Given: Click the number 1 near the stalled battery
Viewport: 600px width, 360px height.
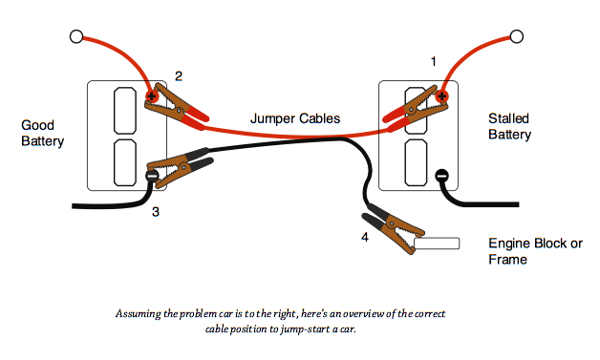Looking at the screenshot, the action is point(433,61).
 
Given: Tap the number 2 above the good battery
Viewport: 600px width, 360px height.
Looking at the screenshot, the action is point(179,76).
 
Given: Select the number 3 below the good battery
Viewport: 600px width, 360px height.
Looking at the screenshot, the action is point(156,212).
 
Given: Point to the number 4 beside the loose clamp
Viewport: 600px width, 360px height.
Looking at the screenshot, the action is point(365,237).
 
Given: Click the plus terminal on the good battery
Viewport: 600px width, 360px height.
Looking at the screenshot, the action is point(152,95).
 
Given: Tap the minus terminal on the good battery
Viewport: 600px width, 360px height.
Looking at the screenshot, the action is point(152,176).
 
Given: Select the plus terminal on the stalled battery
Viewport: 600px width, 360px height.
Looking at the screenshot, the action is point(442,95).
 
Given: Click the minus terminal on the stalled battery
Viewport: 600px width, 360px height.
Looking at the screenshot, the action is point(441,176).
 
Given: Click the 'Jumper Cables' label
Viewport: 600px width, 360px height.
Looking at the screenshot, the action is point(295,118).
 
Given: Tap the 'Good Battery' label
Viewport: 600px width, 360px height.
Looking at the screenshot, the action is point(42,133).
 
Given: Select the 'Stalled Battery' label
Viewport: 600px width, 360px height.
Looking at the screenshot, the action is point(509,126).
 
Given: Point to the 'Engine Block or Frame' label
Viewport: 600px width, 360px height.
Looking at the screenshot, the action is point(535,251).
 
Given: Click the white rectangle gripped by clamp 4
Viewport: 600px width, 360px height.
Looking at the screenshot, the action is point(437,244).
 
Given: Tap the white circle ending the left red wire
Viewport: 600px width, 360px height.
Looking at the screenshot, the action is point(76,36).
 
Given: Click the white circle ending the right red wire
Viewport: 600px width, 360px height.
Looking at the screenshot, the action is point(517,36).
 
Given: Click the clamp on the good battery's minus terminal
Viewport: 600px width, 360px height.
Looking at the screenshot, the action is point(179,167).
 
